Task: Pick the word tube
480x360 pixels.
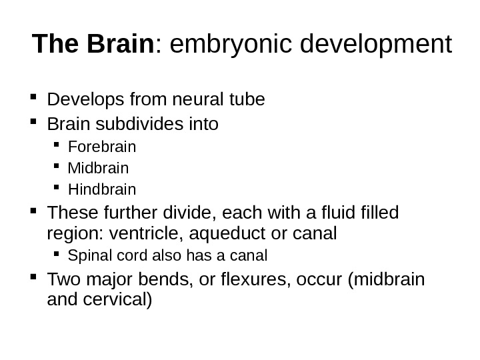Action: [247, 100]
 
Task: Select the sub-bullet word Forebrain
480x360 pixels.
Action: [102, 145]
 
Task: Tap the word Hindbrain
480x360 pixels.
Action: [102, 189]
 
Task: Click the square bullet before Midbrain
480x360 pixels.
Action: [59, 167]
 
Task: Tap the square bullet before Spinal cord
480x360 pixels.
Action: [59, 255]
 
